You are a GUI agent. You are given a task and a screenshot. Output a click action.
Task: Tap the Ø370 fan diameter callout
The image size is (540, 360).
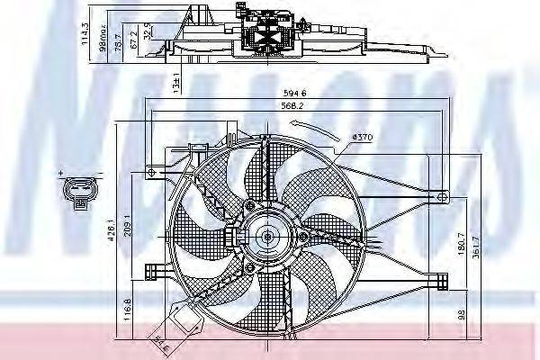pyautogui.click(x=362, y=137)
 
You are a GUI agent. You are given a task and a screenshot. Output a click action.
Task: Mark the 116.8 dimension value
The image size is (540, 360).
pyautogui.click(x=129, y=311)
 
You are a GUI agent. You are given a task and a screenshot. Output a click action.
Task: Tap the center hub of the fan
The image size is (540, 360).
pyautogui.click(x=266, y=237)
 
